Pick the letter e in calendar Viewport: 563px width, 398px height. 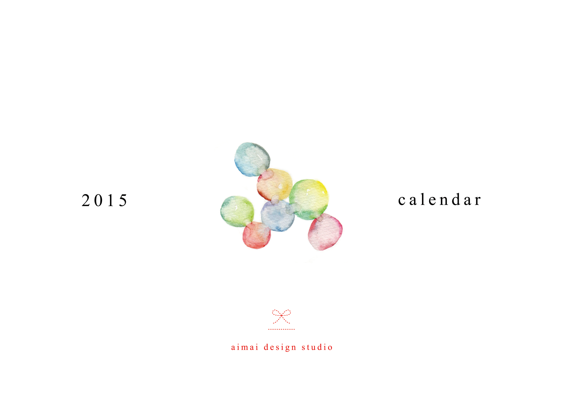432,201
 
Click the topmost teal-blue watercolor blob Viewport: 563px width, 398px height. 252,159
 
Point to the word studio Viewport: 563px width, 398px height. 317,347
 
